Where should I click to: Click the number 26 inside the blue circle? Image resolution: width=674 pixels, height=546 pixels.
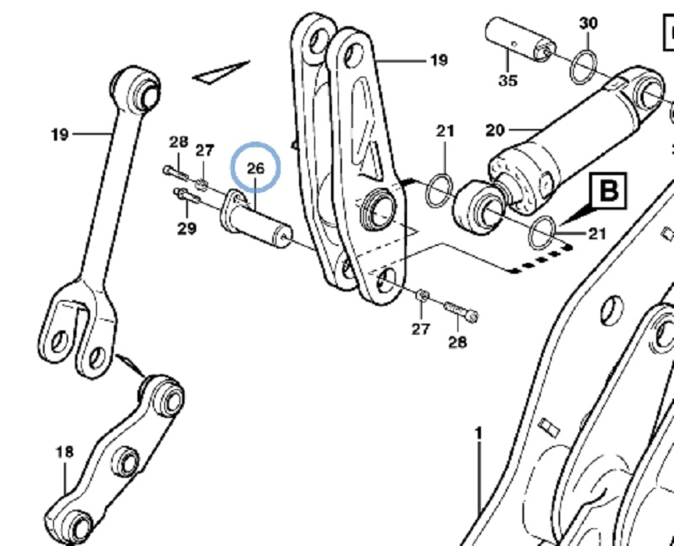click(256, 169)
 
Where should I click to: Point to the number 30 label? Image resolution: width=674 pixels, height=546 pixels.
click(588, 23)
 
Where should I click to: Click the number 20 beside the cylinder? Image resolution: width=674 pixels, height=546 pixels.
click(495, 130)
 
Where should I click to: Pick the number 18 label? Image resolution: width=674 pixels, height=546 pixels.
click(65, 452)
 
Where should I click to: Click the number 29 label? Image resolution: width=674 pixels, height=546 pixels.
click(186, 227)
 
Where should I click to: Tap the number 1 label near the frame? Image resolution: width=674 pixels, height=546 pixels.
click(479, 433)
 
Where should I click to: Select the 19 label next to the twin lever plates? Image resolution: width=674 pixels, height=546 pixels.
click(438, 60)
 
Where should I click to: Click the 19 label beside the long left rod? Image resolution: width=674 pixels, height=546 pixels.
click(59, 133)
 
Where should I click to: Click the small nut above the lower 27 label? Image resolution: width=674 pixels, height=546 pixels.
click(422, 297)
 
